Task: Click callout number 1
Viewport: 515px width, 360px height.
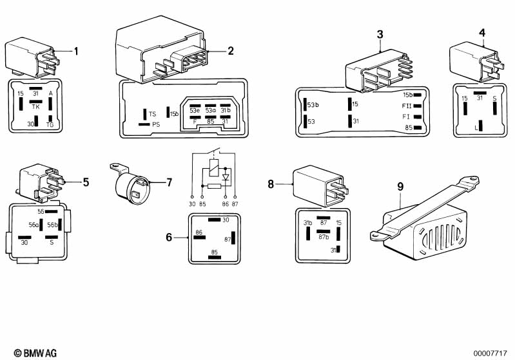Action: [x=76, y=51]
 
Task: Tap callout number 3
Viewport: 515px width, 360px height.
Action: [x=380, y=33]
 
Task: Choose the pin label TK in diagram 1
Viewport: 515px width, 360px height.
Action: [x=36, y=108]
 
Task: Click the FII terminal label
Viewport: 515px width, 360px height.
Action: [x=406, y=106]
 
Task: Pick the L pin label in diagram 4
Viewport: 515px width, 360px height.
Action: [x=476, y=128]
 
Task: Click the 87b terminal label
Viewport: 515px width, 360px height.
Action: [x=324, y=236]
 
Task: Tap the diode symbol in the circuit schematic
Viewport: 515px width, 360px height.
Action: [x=226, y=176]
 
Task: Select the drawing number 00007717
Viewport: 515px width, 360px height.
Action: [x=492, y=352]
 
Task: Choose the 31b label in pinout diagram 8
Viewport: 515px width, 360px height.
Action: [x=308, y=223]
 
